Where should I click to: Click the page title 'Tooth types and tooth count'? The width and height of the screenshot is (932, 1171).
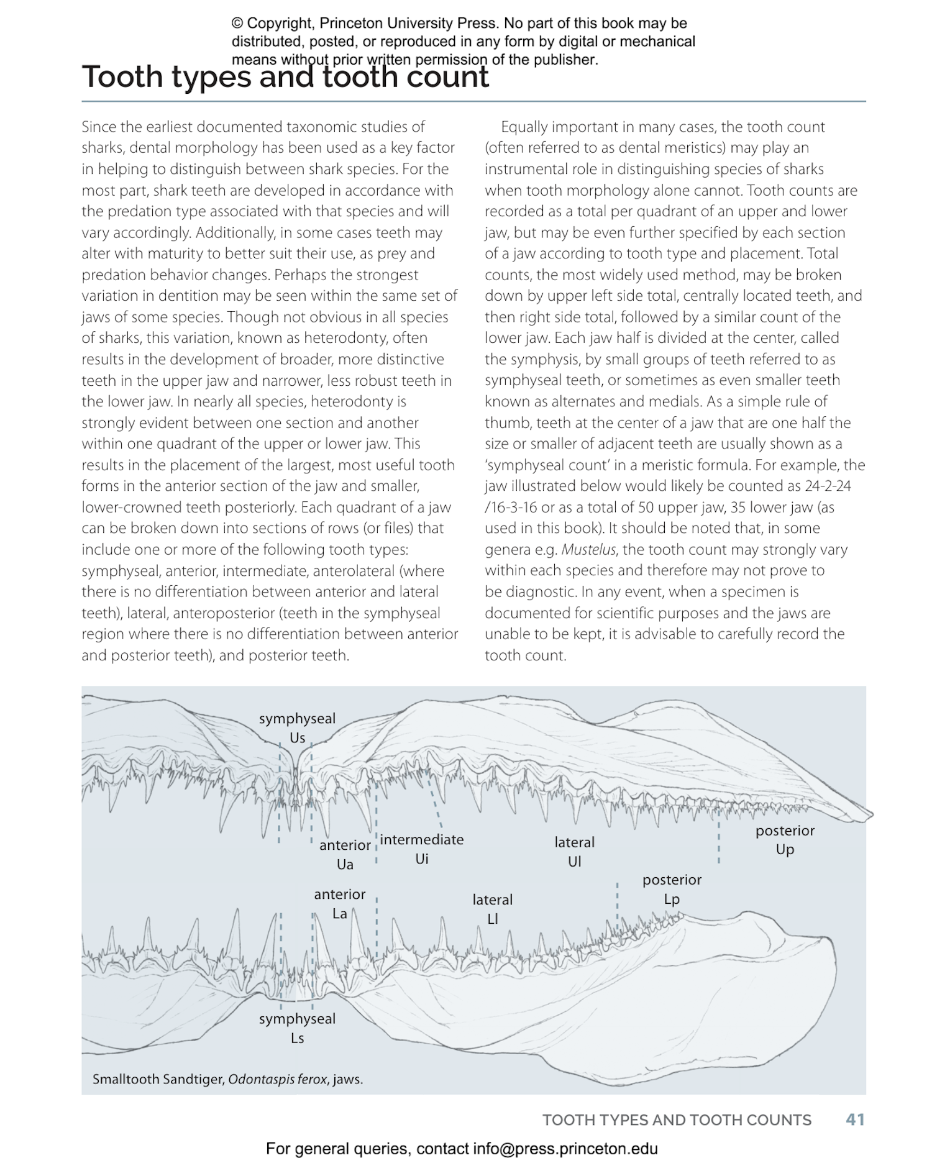point(285,77)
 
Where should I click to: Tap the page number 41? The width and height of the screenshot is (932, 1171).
point(855,1119)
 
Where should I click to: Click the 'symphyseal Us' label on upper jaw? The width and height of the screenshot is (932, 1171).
point(297,728)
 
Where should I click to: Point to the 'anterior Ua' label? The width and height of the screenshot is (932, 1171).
point(345,854)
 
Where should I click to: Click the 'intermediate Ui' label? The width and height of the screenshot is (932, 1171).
point(422,849)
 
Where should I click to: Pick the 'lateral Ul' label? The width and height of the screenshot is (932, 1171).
point(574,852)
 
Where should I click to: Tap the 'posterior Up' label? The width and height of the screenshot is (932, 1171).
point(785,840)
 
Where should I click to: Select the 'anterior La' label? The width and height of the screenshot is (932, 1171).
point(339,903)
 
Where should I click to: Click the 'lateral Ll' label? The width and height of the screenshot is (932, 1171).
point(492,909)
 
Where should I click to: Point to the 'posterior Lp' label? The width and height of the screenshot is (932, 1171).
point(672,889)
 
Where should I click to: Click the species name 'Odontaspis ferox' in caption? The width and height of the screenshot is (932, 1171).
point(277,1079)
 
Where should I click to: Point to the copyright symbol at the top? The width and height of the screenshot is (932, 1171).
point(237,24)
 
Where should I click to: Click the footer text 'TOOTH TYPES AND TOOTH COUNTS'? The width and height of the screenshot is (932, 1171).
point(677,1120)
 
